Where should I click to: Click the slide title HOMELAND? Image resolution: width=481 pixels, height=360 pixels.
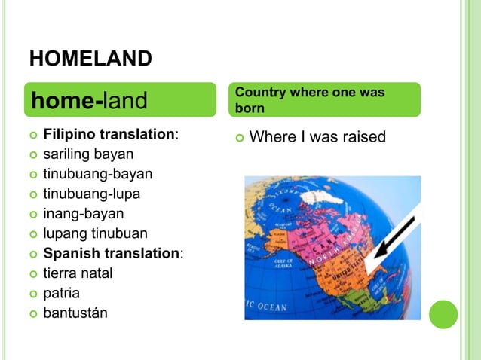tap(90, 58)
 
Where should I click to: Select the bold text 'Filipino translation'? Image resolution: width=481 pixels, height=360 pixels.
tap(109, 136)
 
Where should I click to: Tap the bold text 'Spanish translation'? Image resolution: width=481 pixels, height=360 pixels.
tap(112, 253)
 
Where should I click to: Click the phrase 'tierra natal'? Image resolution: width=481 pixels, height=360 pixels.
tap(78, 273)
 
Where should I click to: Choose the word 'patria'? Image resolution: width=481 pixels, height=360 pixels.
tap(61, 292)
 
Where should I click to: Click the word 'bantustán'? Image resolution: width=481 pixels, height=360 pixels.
tap(75, 312)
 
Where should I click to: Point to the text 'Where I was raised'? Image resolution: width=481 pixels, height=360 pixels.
tap(317, 137)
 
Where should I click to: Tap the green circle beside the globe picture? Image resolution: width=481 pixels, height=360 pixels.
tap(443, 314)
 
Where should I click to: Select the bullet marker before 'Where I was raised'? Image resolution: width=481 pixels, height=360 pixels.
tap(239, 138)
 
